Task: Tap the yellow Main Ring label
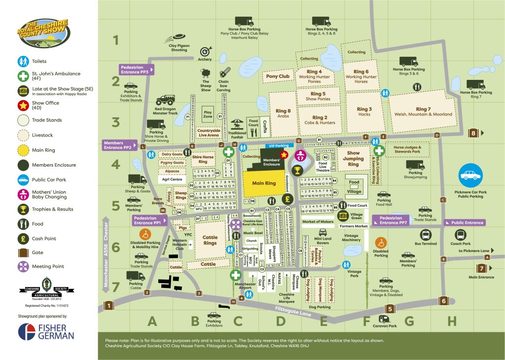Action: coord(264,183)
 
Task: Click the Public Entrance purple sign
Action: coord(465,222)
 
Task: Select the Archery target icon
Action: coord(206,52)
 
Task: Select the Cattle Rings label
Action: coord(210,240)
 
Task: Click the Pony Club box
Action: coord(278,76)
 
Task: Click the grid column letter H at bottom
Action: coord(452,322)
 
